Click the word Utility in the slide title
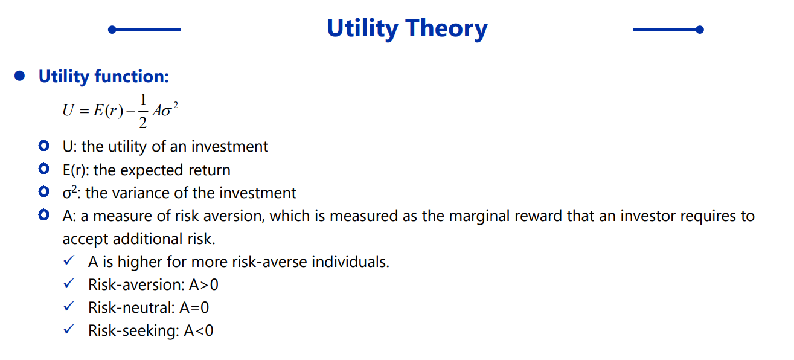pos(362,28)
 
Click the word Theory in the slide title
pos(447,28)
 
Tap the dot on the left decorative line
pos(112,30)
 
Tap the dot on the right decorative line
pos(699,30)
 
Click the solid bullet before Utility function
pos(19,76)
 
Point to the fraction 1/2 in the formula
pos(143,111)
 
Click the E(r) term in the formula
pos(108,111)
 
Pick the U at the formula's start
pos(68,111)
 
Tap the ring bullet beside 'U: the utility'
pos(43,146)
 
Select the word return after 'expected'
pos(210,170)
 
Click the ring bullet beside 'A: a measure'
pos(43,215)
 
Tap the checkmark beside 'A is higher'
pos(69,260)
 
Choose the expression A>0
pos(203,285)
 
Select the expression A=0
pos(194,308)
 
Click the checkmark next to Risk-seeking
pos(69,329)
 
